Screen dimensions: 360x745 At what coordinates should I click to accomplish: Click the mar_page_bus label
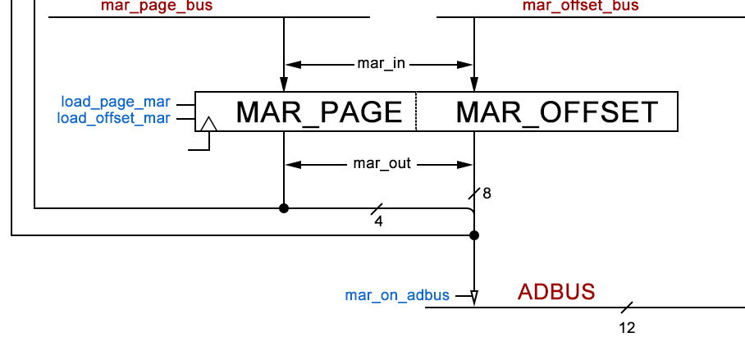(157, 6)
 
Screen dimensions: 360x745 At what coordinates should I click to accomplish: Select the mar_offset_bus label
(581, 6)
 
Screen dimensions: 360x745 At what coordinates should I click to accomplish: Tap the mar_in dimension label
(382, 63)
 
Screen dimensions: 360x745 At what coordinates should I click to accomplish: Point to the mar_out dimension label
(382, 164)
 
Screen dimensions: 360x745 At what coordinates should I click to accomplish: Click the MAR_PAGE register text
(319, 112)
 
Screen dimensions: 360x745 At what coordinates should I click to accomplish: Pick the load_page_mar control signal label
(116, 103)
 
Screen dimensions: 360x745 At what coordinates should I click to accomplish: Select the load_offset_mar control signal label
(114, 118)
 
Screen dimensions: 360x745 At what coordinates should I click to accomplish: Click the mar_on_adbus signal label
(397, 295)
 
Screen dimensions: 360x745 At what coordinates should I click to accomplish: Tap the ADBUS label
(556, 292)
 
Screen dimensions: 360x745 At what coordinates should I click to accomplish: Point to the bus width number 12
(627, 328)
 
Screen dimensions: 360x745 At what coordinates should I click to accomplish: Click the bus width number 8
(487, 194)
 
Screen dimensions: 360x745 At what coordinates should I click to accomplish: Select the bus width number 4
(378, 221)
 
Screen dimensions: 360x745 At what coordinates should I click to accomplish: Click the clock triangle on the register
(208, 125)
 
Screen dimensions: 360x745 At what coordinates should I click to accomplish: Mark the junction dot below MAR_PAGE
(284, 208)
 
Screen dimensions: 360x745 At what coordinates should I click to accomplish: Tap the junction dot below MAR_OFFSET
(474, 235)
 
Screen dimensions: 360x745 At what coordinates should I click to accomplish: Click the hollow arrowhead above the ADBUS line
(474, 298)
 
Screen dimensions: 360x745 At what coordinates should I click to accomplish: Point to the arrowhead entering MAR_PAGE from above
(284, 84)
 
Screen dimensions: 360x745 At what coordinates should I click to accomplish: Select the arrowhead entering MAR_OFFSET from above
(474, 84)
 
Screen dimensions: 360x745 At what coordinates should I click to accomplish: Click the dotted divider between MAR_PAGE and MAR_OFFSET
(416, 112)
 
